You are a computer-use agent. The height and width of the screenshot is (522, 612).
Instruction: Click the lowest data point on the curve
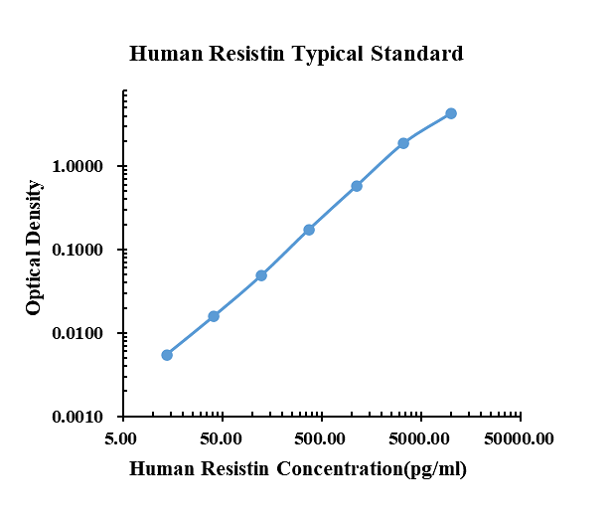point(167,355)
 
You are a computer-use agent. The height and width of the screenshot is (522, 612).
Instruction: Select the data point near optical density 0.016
point(214,316)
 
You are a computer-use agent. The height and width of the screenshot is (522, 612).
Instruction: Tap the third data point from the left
point(261,275)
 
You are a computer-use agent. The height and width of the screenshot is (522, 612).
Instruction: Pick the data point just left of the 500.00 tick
point(309,230)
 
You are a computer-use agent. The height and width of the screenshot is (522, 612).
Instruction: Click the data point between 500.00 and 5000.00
point(357,186)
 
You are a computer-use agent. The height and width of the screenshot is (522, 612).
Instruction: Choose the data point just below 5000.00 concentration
point(403,143)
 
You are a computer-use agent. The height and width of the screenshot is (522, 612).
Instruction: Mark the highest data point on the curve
point(451,113)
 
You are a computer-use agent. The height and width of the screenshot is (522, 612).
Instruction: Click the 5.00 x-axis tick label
point(122,438)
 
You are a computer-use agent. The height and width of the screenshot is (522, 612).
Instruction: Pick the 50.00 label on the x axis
point(222,438)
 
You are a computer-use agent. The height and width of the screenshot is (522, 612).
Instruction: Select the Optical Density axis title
point(35,249)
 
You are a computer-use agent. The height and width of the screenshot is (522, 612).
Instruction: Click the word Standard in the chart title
point(416,54)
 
